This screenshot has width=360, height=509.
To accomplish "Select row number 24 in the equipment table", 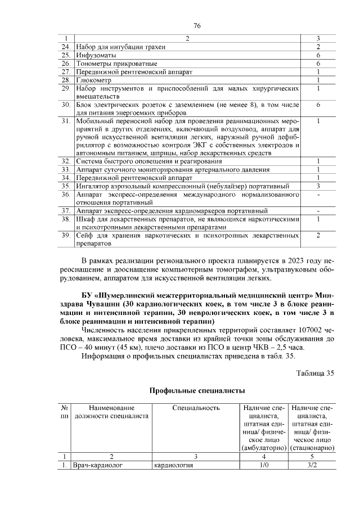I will coord(66,47).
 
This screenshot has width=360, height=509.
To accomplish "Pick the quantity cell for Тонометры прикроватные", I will coord(318,64).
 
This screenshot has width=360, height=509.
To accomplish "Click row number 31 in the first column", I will coord(66,121).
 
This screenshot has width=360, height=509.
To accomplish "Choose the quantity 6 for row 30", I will coord(318,105).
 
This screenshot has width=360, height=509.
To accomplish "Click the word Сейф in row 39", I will coord(85,236).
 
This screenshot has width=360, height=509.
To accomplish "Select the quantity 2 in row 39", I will coord(318,236).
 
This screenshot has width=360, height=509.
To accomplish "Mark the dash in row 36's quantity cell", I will coord(318,194).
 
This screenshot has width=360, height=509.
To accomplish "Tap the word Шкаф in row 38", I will coord(86,219).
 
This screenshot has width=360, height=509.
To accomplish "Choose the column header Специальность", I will coord(195,407).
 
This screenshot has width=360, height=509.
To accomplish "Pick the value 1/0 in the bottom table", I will coord(263,466).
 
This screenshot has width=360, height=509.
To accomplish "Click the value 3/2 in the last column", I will coord(313,466).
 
